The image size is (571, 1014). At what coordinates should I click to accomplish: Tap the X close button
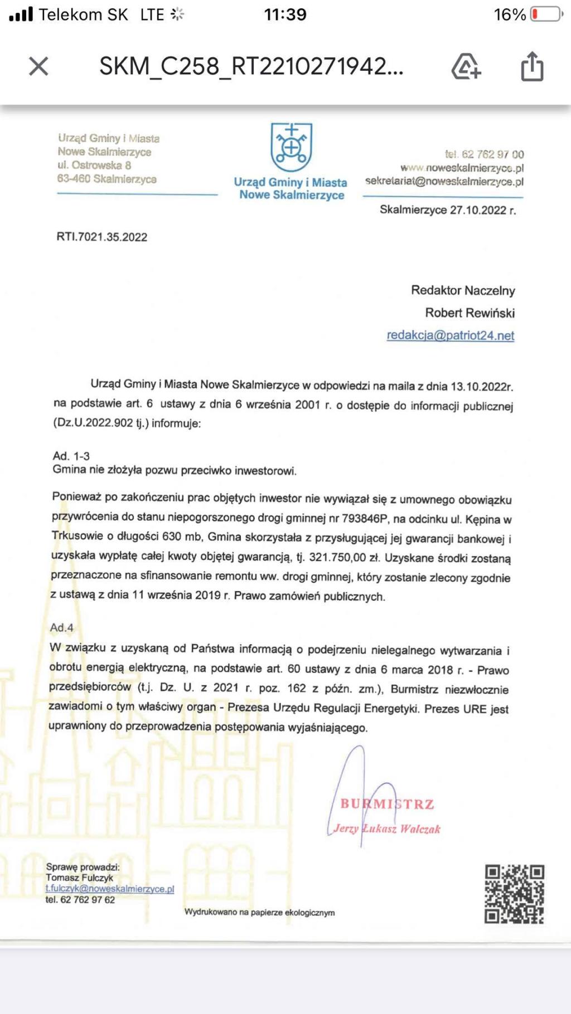38,66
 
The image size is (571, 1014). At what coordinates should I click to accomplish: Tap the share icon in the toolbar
532,67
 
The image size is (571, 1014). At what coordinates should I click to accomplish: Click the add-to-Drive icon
466,67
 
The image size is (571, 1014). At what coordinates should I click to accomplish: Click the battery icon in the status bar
546,14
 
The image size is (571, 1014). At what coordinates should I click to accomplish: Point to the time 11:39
285,14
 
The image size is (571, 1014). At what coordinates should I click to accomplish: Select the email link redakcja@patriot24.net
450,335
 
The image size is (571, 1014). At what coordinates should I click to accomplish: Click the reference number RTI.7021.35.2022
102,237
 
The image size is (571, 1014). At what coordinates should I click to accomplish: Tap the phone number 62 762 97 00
492,154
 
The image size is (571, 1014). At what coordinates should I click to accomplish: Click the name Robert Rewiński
470,313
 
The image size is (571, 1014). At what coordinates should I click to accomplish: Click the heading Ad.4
62,627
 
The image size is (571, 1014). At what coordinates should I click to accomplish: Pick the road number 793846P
364,518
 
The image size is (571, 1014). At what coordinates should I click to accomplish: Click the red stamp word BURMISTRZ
387,804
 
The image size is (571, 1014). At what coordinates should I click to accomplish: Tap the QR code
514,894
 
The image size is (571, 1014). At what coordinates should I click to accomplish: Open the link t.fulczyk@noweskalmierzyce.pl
110,889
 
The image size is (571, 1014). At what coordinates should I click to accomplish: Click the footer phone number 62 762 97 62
87,899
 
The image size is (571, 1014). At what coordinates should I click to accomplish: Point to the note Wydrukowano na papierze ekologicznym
259,912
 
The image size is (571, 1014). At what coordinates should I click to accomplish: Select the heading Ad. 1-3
71,456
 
